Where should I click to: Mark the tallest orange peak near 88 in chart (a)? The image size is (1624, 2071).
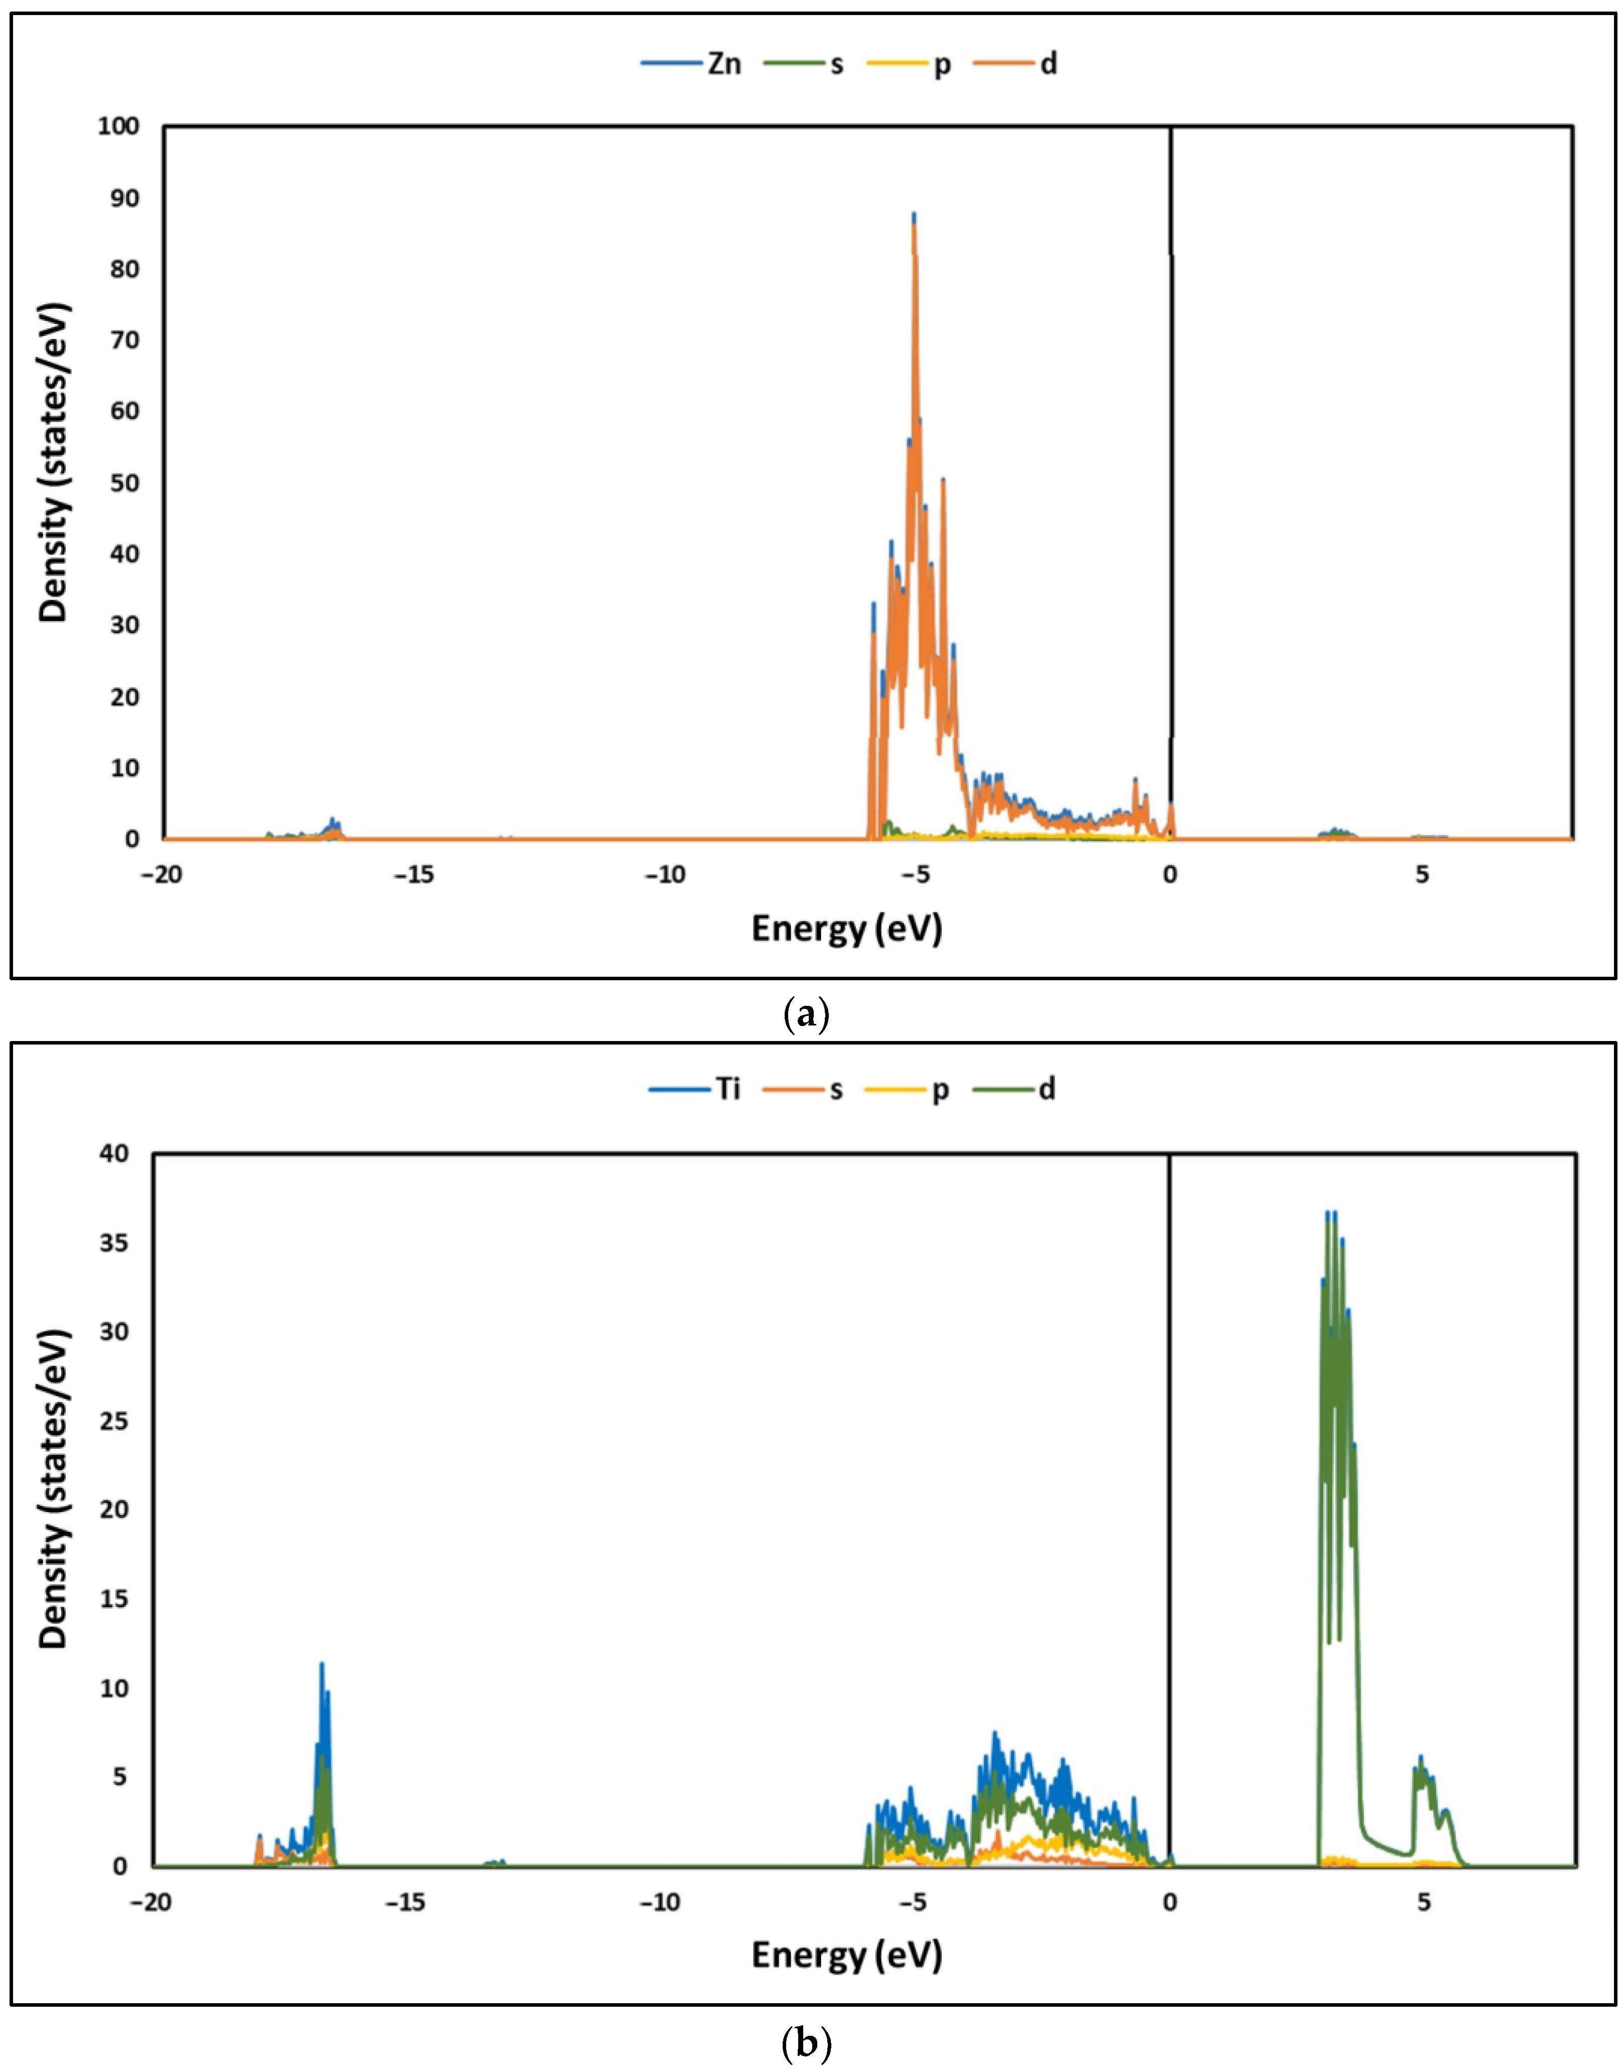(x=914, y=217)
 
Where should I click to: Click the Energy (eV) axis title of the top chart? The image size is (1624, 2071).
(x=846, y=928)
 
